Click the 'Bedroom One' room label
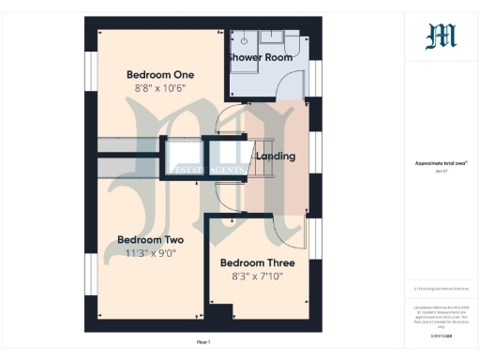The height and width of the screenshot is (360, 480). [x=160, y=75]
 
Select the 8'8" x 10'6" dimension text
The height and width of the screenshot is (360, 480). [x=160, y=89]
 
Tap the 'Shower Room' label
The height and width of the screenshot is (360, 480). [x=260, y=57]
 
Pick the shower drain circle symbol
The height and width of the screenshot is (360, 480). [x=240, y=40]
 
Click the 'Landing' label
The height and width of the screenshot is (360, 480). [x=276, y=156]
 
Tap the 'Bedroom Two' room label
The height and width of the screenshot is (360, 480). [x=149, y=239]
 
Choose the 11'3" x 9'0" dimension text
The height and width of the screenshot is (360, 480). [x=149, y=253]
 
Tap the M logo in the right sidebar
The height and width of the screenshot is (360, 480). [x=441, y=37]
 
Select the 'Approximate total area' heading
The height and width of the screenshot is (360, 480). [x=441, y=163]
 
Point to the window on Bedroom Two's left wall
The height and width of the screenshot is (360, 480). [x=91, y=273]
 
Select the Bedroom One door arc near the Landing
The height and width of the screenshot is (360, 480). [x=228, y=121]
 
